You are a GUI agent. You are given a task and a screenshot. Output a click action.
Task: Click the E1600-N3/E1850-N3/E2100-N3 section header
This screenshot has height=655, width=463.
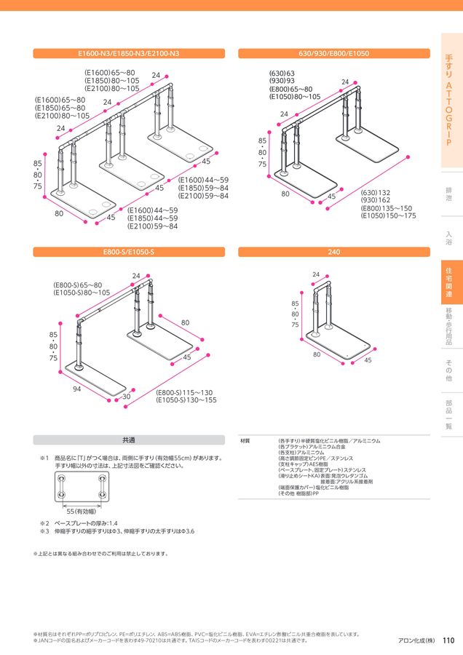(128, 53)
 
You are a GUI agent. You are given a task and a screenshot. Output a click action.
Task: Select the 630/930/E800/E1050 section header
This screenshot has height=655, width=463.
(334, 53)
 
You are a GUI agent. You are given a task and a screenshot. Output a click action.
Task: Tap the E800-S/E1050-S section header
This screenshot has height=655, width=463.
(128, 252)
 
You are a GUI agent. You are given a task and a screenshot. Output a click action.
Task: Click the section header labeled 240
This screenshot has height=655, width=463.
(334, 252)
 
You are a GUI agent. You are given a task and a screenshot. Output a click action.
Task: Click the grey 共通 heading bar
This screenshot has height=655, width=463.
(128, 440)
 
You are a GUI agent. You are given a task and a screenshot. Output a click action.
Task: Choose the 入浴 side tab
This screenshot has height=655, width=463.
(449, 237)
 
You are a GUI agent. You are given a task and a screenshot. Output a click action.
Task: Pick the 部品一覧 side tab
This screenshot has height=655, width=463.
(449, 416)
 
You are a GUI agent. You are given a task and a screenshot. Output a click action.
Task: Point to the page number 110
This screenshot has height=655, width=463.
(448, 640)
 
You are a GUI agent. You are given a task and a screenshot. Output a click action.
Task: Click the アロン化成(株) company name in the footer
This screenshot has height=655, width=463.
(416, 641)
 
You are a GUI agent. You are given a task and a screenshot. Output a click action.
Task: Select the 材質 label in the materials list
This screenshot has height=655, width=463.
(245, 441)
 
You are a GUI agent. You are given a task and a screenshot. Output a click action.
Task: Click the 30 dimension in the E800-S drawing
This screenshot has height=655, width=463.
(126, 397)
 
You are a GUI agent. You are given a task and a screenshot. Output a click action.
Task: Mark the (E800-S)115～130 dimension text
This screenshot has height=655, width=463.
(186, 392)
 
